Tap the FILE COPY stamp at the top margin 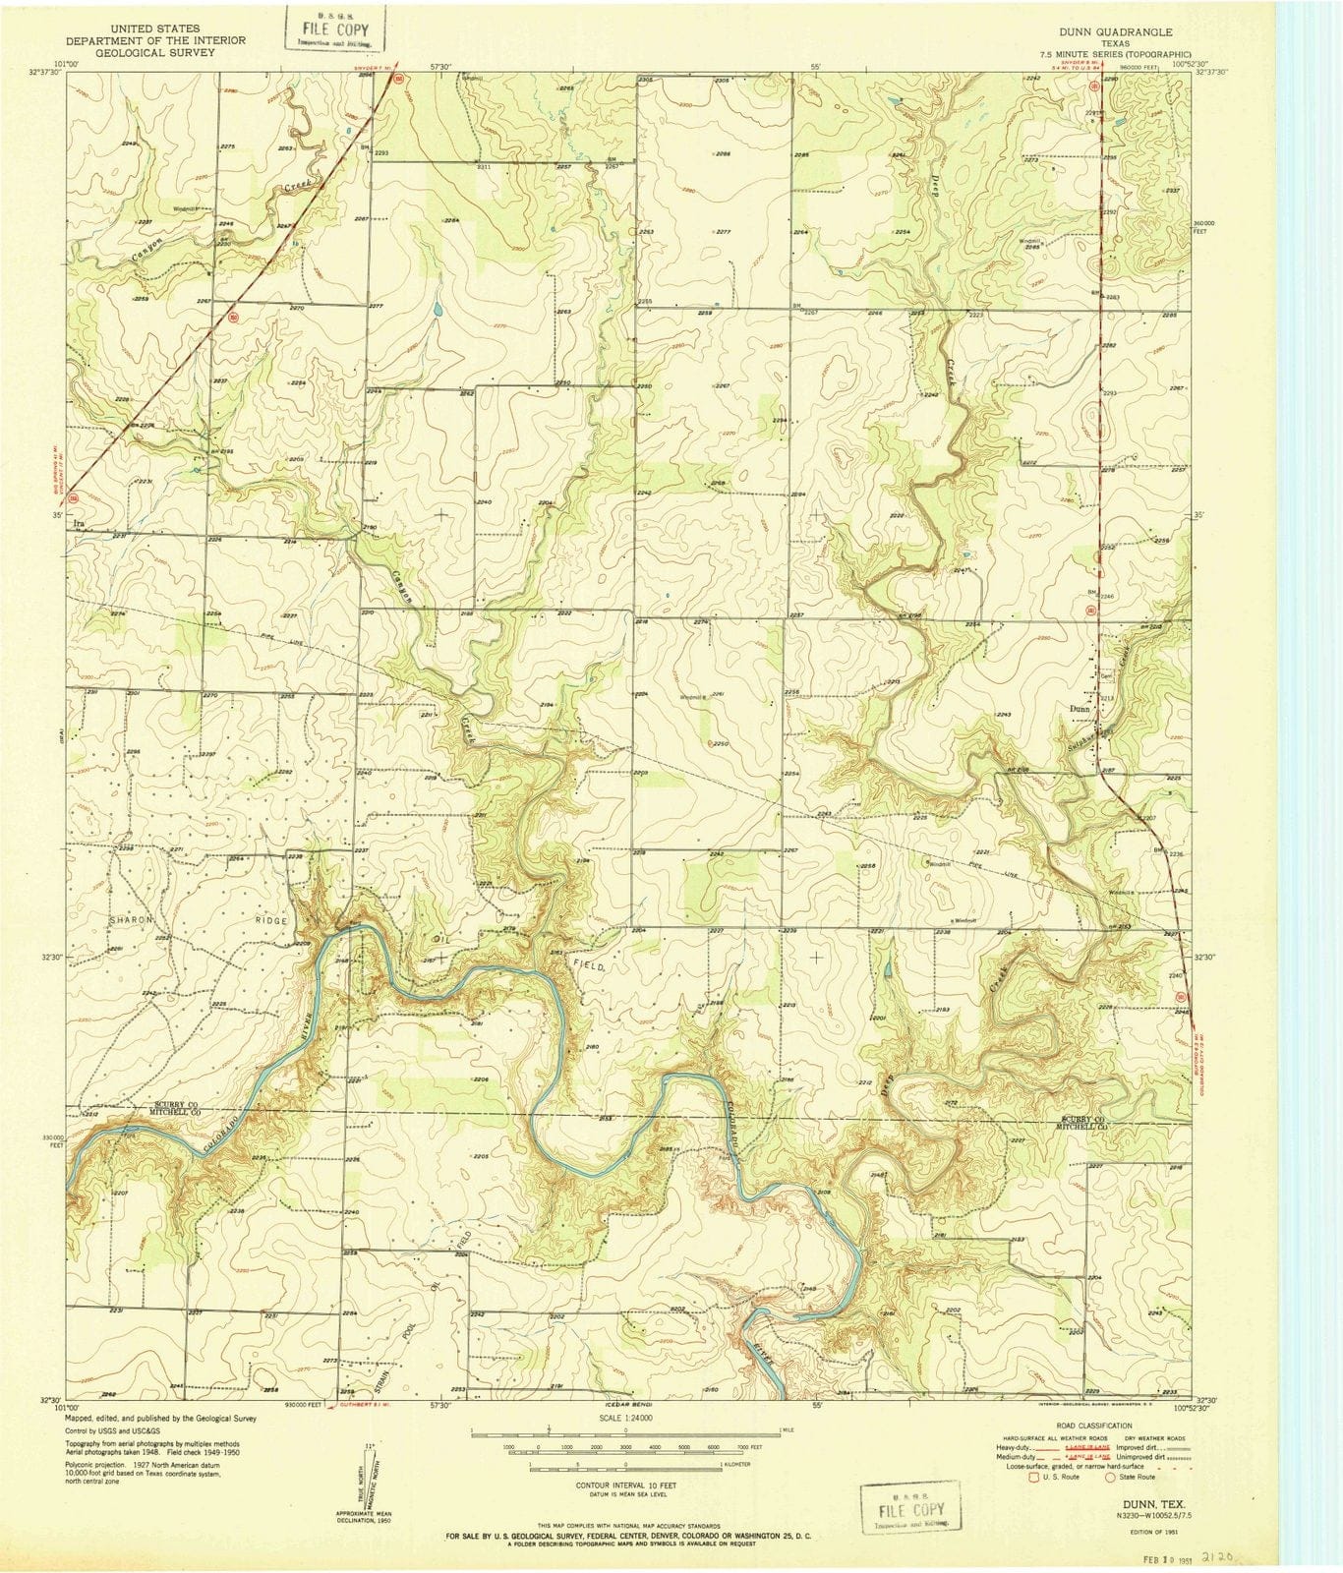(335, 29)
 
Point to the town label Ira (81, 525)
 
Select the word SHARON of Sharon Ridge (133, 919)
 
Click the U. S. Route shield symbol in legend (1033, 1476)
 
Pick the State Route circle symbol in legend (1110, 1476)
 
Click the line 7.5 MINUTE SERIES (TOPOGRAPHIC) (1120, 54)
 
